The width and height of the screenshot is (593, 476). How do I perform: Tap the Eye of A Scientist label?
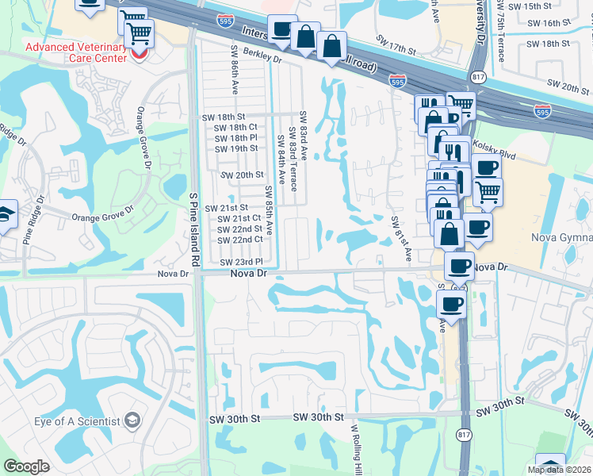coord(77,420)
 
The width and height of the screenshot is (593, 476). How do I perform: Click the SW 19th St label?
coord(235,148)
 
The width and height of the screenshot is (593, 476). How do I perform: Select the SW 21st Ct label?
coord(239,218)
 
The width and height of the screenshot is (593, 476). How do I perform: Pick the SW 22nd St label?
coord(239,229)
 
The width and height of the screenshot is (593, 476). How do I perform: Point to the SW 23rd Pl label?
coord(241,262)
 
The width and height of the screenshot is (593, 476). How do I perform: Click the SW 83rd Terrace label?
coord(293,159)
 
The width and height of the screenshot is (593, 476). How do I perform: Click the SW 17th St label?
coord(397,50)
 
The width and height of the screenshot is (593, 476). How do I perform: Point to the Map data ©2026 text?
coord(559,470)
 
